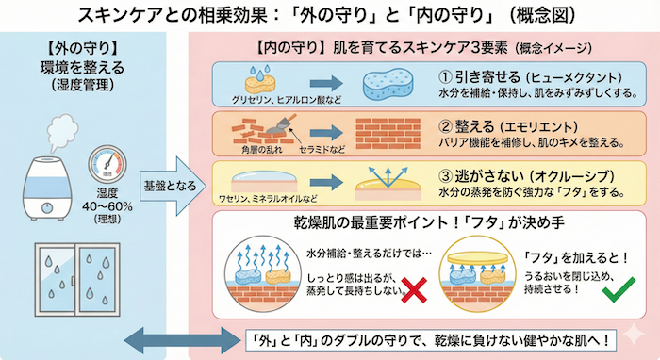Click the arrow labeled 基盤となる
167,182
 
